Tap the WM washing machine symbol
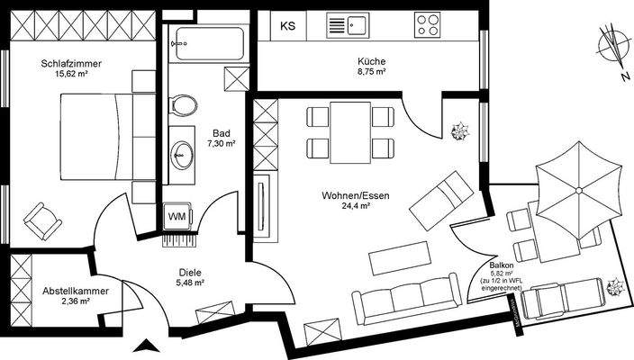[x=176, y=217]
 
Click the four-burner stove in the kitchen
[x=429, y=26]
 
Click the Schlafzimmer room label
[x=69, y=64]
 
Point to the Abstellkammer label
[x=76, y=291]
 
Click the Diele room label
[x=190, y=272]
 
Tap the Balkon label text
[x=502, y=267]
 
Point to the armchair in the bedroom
[x=40, y=217]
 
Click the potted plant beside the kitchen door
[x=462, y=131]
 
